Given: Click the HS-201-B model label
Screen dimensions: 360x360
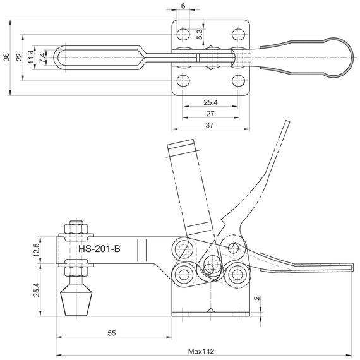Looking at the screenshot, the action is click(99, 249).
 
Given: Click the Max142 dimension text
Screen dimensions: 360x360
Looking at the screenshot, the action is click(201, 351).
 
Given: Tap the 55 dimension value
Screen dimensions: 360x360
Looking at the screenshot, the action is click(112, 333).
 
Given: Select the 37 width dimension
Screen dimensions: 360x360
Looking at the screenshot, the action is click(210, 125).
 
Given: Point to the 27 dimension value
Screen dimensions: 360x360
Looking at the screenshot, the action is click(210, 114).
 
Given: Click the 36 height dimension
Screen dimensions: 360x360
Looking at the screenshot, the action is click(7, 57).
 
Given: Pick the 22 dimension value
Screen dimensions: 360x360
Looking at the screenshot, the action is click(20, 57).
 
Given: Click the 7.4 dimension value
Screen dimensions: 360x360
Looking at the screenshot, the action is click(42, 57).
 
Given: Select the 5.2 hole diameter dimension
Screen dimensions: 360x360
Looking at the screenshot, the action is click(200, 34).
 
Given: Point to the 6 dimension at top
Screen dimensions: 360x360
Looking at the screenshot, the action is click(183, 6).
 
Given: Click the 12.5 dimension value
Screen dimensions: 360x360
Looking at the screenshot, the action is click(37, 250).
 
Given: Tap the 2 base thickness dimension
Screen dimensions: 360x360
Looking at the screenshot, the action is click(257, 298).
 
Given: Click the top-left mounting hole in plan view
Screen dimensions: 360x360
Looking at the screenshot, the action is click(183, 35).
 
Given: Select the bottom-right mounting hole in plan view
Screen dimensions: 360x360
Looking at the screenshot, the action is click(238, 81).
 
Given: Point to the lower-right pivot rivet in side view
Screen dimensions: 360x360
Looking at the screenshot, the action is click(237, 274).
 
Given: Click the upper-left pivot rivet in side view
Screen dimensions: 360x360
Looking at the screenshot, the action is click(183, 248).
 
